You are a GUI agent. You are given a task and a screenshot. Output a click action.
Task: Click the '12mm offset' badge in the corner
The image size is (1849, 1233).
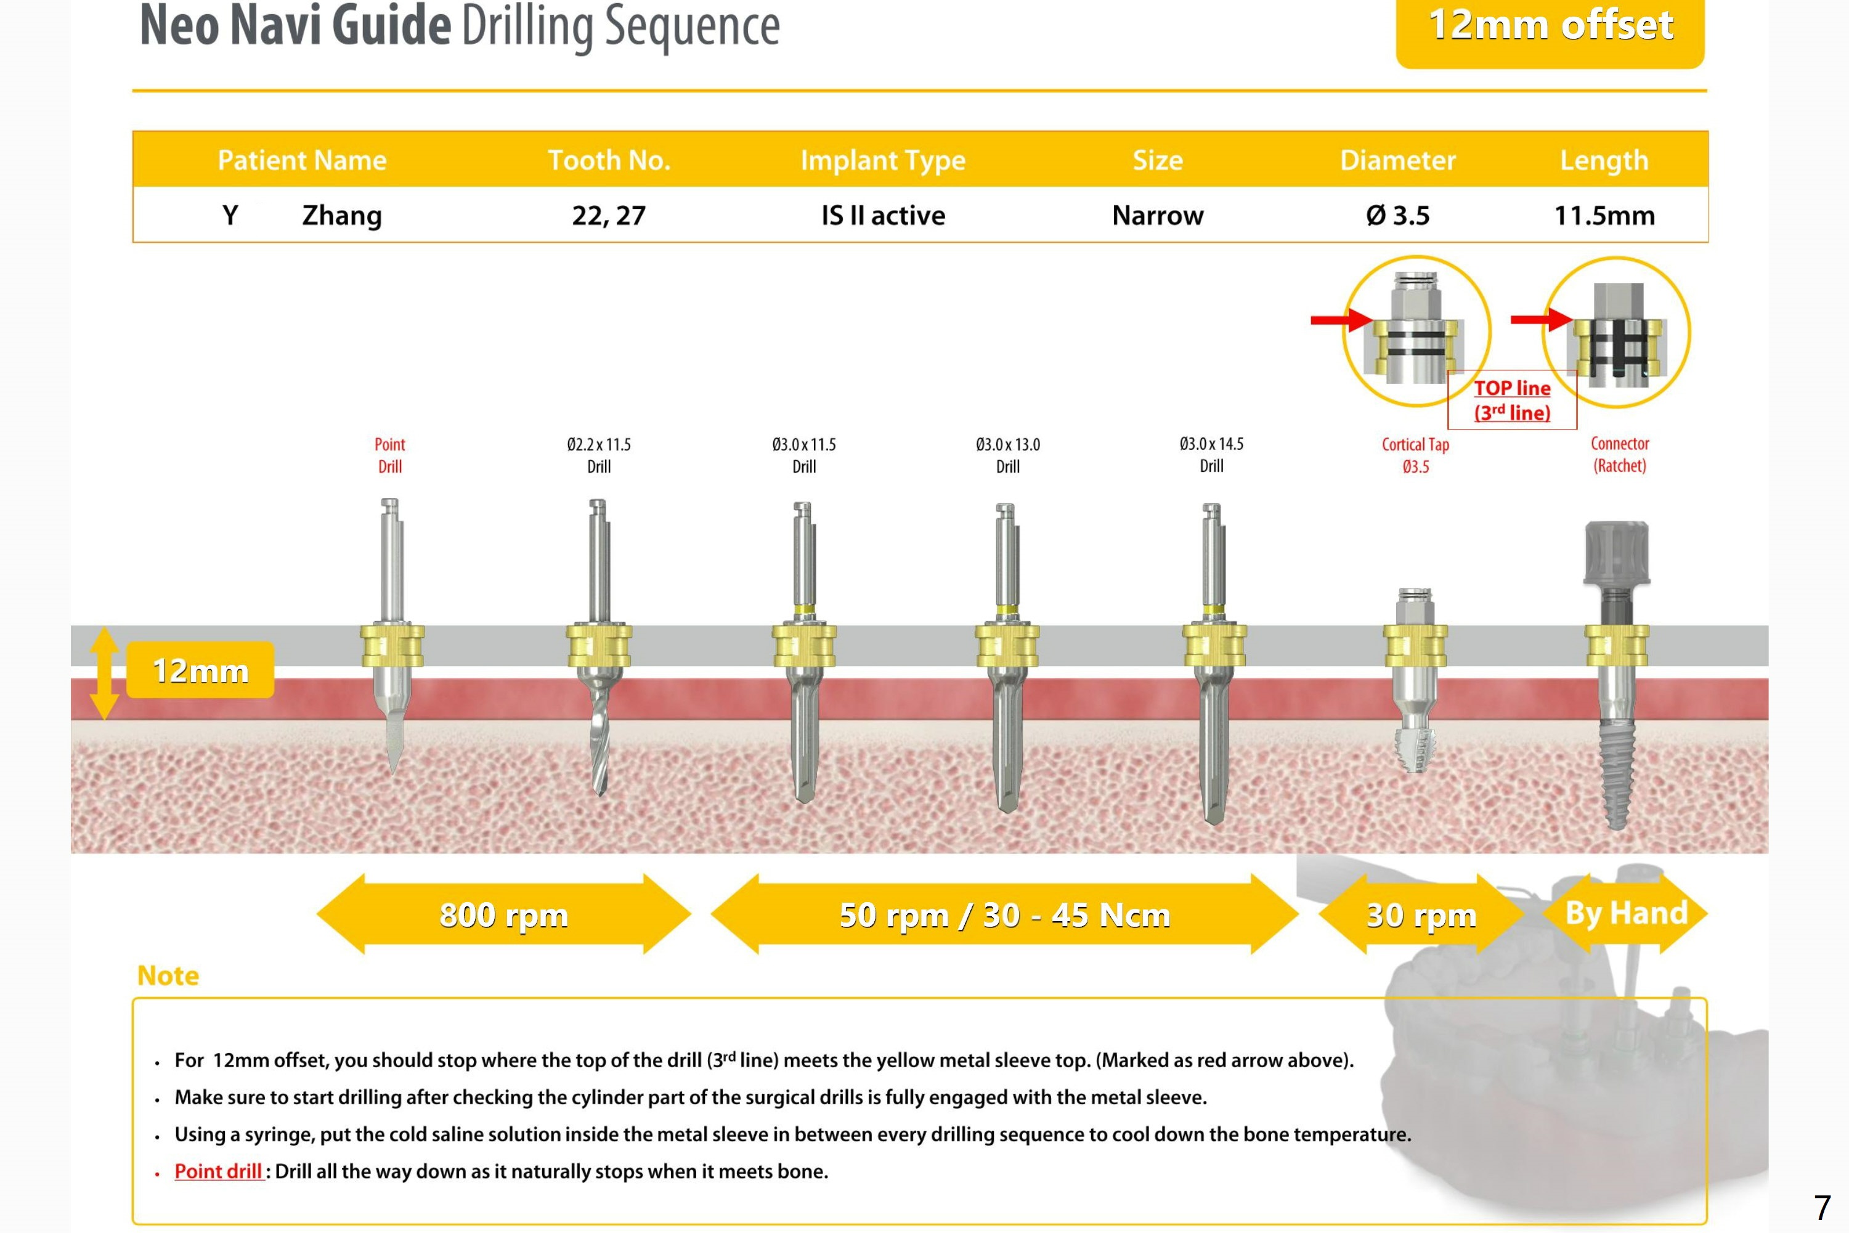tap(1550, 28)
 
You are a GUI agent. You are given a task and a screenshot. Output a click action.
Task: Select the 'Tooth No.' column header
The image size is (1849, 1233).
tap(609, 160)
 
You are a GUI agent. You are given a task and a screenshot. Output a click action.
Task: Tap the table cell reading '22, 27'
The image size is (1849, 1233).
tap(609, 216)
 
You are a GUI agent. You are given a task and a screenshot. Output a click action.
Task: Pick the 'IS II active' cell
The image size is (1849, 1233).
tap(883, 216)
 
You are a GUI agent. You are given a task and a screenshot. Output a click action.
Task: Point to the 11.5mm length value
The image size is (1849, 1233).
tap(1604, 216)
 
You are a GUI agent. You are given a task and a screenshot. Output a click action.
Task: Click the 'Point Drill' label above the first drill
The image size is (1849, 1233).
tap(390, 455)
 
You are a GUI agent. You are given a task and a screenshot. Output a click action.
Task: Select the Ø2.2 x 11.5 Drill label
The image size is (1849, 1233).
tap(599, 455)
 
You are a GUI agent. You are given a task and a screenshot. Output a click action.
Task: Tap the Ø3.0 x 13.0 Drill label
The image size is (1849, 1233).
tap(1008, 455)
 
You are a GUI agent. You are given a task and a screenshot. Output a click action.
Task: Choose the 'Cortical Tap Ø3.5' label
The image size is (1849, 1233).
tap(1415, 455)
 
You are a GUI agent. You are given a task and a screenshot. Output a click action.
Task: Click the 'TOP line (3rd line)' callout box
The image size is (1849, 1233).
tap(1512, 401)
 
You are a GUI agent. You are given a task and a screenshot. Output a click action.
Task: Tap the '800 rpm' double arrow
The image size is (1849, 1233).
tap(503, 914)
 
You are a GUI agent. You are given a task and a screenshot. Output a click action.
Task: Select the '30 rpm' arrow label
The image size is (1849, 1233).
tap(1421, 914)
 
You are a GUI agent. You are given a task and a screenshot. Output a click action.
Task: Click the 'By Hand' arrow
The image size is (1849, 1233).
tap(1626, 913)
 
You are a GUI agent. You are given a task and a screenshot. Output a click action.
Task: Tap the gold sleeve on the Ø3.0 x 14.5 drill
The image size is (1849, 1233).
tap(1214, 646)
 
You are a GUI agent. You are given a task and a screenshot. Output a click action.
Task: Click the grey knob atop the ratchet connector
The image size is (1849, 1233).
tap(1616, 553)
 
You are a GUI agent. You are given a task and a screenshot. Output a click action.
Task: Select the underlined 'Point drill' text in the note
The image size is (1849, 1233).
tap(217, 1171)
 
